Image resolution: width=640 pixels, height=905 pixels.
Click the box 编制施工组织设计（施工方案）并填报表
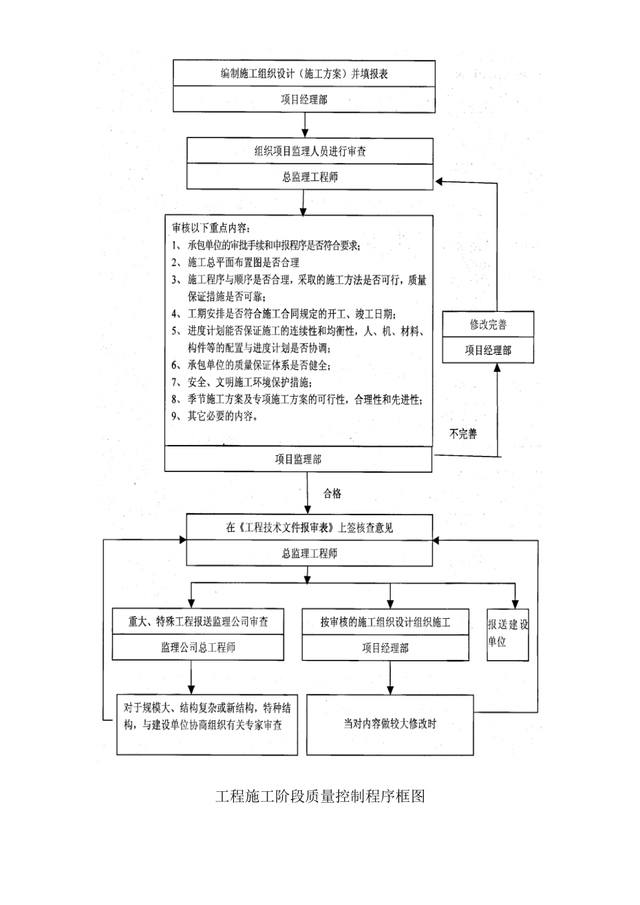click(x=304, y=73)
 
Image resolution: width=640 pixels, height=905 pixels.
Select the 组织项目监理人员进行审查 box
click(x=310, y=151)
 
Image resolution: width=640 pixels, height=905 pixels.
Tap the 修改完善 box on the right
click(x=488, y=324)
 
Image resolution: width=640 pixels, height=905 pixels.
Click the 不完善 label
click(x=463, y=434)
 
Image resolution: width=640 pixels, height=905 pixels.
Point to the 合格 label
click(x=332, y=494)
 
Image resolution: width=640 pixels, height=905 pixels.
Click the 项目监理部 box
click(x=298, y=459)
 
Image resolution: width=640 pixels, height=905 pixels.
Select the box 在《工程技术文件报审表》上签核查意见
click(x=309, y=528)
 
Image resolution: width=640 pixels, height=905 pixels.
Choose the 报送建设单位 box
click(x=508, y=634)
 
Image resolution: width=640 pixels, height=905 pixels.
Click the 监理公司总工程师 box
click(x=198, y=648)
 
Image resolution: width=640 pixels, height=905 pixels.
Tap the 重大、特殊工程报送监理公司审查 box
click(x=198, y=622)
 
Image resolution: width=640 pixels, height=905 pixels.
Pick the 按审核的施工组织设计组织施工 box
click(x=385, y=622)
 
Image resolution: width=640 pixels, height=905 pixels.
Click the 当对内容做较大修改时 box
click(x=390, y=724)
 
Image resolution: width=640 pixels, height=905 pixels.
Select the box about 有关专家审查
click(x=207, y=716)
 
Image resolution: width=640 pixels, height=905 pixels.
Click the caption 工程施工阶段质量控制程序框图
click(x=320, y=796)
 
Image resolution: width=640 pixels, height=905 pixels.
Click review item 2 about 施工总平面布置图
click(x=236, y=262)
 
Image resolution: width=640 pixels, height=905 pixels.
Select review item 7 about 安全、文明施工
click(x=243, y=382)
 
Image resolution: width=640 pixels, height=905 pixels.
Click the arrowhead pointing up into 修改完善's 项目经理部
click(x=497, y=368)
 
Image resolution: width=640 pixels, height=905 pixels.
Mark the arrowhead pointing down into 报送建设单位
click(x=515, y=604)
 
